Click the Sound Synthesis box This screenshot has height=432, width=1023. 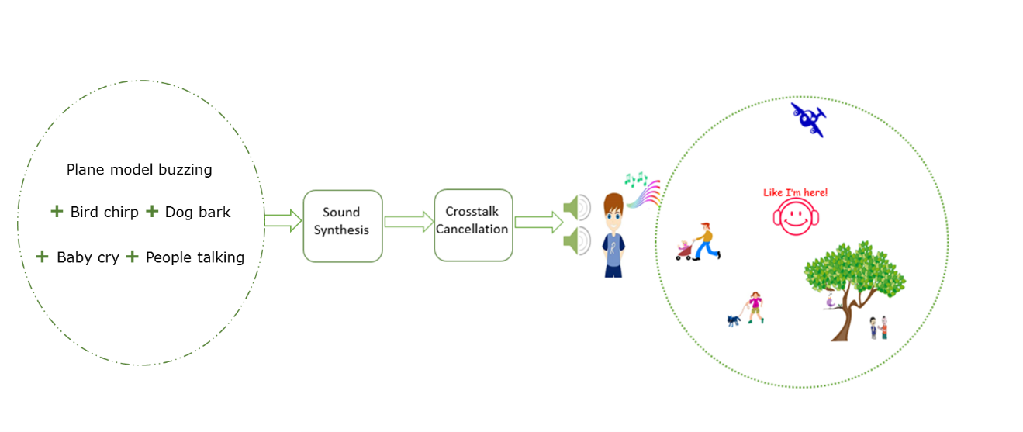click(x=342, y=226)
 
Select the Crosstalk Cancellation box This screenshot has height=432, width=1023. click(x=473, y=225)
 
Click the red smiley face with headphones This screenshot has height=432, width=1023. click(x=796, y=217)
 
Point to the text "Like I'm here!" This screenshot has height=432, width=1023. click(x=795, y=192)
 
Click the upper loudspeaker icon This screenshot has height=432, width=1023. click(x=576, y=208)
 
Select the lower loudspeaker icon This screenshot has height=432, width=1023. click(x=576, y=240)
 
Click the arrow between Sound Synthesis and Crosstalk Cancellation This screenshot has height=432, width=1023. click(x=409, y=223)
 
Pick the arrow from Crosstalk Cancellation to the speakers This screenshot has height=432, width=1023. click(x=538, y=223)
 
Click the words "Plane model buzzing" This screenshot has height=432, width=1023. click(x=139, y=170)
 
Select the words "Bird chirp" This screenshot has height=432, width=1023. click(x=104, y=213)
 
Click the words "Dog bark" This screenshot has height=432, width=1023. click(x=198, y=213)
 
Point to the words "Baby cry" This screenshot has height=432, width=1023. click(x=88, y=257)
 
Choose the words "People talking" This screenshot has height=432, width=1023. click(x=195, y=257)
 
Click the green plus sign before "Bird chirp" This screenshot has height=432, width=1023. click(x=57, y=212)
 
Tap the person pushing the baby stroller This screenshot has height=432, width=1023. click(x=706, y=240)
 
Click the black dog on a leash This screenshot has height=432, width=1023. click(x=734, y=320)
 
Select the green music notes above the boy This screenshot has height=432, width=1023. click(x=636, y=181)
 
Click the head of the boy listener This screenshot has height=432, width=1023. click(x=613, y=209)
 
